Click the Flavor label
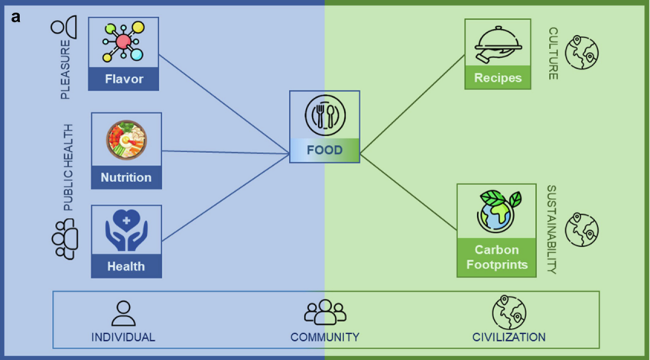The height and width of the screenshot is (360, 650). coord(124,79)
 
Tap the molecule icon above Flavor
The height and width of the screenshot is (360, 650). coord(123,42)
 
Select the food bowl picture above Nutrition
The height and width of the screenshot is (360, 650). coord(126,140)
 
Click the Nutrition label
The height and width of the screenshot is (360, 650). coord(126,177)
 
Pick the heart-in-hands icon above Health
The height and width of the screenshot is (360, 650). coord(126,230)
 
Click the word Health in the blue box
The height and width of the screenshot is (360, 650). coord(126,266)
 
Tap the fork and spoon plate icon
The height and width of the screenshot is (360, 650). coord(325,115)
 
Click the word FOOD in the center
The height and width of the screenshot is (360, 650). coord(324,150)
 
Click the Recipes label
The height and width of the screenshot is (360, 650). coord(498,77)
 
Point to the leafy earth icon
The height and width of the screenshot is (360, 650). coord(499,211)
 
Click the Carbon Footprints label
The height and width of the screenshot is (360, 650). coord(496,257)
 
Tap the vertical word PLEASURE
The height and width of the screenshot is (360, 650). coord(66,70)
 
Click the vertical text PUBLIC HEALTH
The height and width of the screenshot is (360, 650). coord(67,167)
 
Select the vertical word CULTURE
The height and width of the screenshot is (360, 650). coord(554,54)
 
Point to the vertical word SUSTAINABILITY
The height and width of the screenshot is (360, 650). coord(551,229)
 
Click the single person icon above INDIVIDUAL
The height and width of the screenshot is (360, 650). coord(124,313)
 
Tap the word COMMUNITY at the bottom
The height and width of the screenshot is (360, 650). coord(324,337)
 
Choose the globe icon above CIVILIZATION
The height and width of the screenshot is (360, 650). coord(509,313)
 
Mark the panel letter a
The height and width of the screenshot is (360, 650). coord(16,18)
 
